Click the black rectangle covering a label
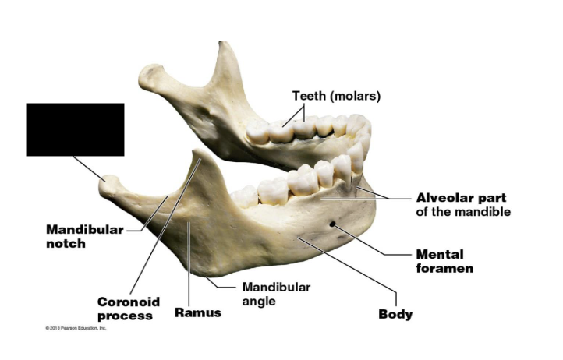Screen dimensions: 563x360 coord(75,129)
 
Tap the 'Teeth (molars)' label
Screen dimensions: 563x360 coord(336,96)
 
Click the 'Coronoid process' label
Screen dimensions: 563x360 coord(129,308)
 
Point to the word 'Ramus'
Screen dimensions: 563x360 coord(197,312)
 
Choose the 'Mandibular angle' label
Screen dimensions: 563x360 coord(276,294)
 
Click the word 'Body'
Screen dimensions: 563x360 coord(395,315)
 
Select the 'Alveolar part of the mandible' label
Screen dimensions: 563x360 coord(463,204)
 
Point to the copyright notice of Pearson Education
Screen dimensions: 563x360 coord(76,328)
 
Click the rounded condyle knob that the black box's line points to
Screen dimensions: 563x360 coord(111,185)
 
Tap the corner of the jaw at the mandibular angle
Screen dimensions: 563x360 coord(209,272)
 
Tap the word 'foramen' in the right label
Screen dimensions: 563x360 coord(444,268)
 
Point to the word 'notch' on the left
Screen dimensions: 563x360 coord(66,243)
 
